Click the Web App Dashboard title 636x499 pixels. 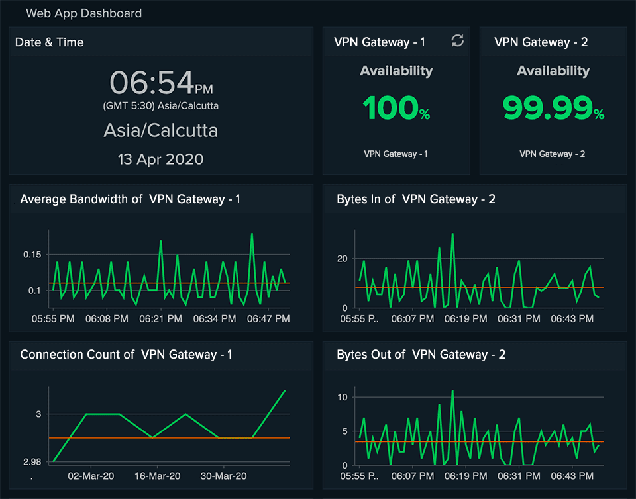point(83,13)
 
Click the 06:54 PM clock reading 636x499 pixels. point(161,83)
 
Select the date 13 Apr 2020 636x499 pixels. point(161,159)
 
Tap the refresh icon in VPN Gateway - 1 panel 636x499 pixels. point(457,41)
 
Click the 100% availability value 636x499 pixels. point(396,109)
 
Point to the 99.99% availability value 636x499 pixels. point(553,109)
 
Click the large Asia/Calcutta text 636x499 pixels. point(161,130)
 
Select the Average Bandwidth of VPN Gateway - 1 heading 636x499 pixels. point(130,199)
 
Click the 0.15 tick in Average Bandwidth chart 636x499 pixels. point(32,255)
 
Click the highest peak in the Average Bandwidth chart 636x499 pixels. point(252,234)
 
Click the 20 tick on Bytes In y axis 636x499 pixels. point(342,258)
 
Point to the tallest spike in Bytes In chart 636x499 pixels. point(452,234)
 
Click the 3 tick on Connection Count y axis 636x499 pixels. point(38,414)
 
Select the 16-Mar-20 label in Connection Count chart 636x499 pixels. point(158,476)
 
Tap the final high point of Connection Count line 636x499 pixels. point(285,390)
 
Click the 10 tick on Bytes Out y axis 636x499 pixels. point(342,397)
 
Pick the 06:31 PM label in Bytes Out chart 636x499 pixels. point(514,476)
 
